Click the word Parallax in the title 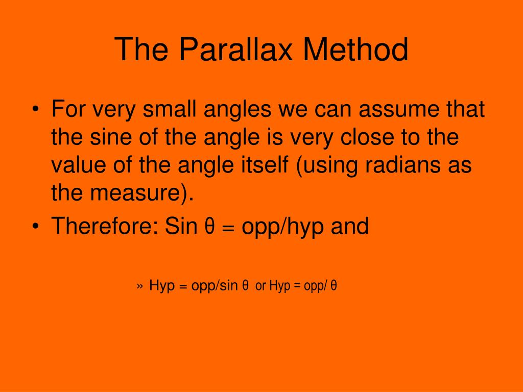pyautogui.click(x=235, y=50)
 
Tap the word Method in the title pyautogui.click(x=355, y=50)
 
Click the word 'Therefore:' pyautogui.click(x=104, y=226)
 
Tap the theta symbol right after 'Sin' pyautogui.click(x=209, y=226)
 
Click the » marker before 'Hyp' pyautogui.click(x=140, y=287)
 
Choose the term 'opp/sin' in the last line pyautogui.click(x=215, y=286)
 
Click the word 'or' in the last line pyautogui.click(x=260, y=287)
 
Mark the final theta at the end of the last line pyautogui.click(x=334, y=286)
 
